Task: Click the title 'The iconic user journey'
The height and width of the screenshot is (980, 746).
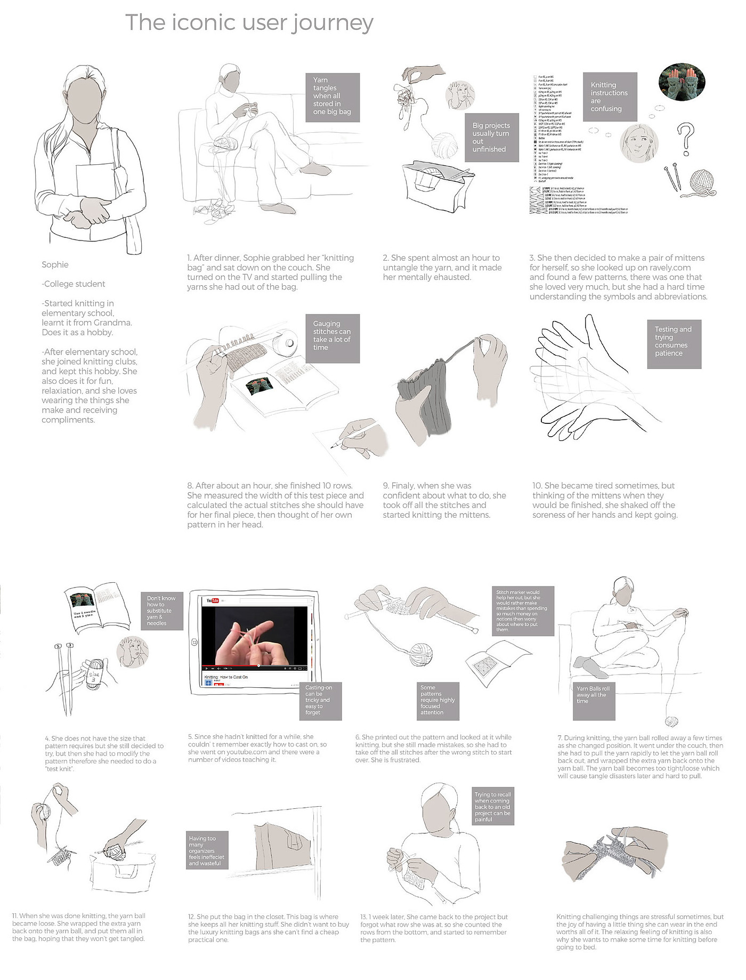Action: pyautogui.click(x=249, y=23)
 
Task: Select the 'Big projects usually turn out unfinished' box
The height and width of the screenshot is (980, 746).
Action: pyautogui.click(x=491, y=138)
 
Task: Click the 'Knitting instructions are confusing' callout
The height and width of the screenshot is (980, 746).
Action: pyautogui.click(x=610, y=97)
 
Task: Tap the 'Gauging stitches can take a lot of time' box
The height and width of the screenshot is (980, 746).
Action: pyautogui.click(x=333, y=339)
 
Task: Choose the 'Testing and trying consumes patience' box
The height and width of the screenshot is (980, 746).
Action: pyautogui.click(x=674, y=344)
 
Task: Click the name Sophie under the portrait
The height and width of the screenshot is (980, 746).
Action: pyautogui.click(x=55, y=265)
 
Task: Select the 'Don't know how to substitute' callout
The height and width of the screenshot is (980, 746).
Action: pyautogui.click(x=161, y=611)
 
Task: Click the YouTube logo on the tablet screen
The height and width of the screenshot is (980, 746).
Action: pyautogui.click(x=213, y=601)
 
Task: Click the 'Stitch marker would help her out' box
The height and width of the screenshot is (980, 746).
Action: pyautogui.click(x=522, y=611)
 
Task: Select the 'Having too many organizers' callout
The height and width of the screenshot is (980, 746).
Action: pyautogui.click(x=207, y=850)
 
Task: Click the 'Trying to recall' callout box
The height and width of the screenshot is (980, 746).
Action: pyautogui.click(x=493, y=807)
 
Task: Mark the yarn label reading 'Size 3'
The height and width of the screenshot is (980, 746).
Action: pyautogui.click(x=94, y=677)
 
